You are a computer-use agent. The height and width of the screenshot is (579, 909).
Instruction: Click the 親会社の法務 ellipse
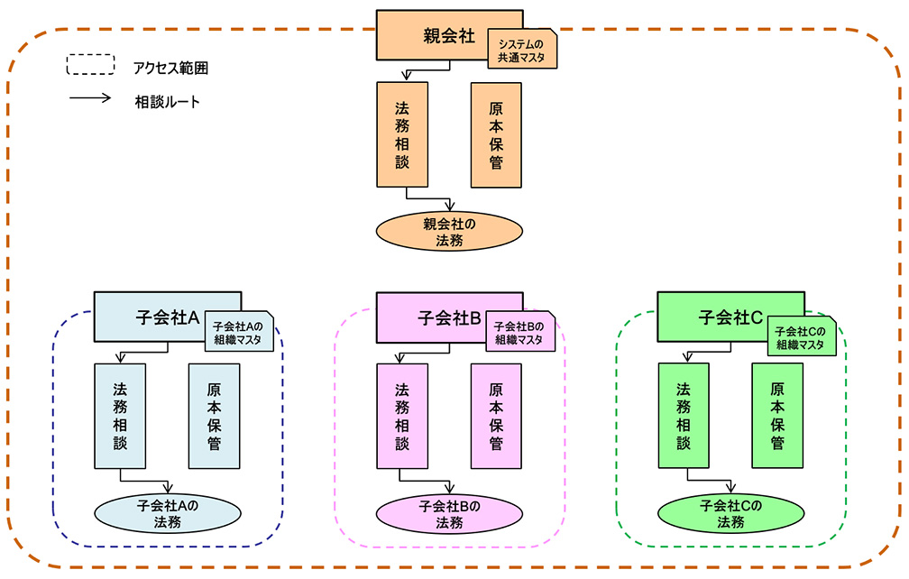coord(450,231)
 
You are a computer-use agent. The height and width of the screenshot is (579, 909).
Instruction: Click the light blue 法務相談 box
coord(121,416)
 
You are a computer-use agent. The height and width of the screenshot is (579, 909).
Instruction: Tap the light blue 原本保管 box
coord(215,416)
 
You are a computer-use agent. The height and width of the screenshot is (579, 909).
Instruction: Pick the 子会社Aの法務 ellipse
coord(167,512)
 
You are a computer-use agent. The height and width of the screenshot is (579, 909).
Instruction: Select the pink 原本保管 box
coord(496,416)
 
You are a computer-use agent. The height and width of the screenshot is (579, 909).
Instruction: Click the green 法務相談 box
coord(684,416)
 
